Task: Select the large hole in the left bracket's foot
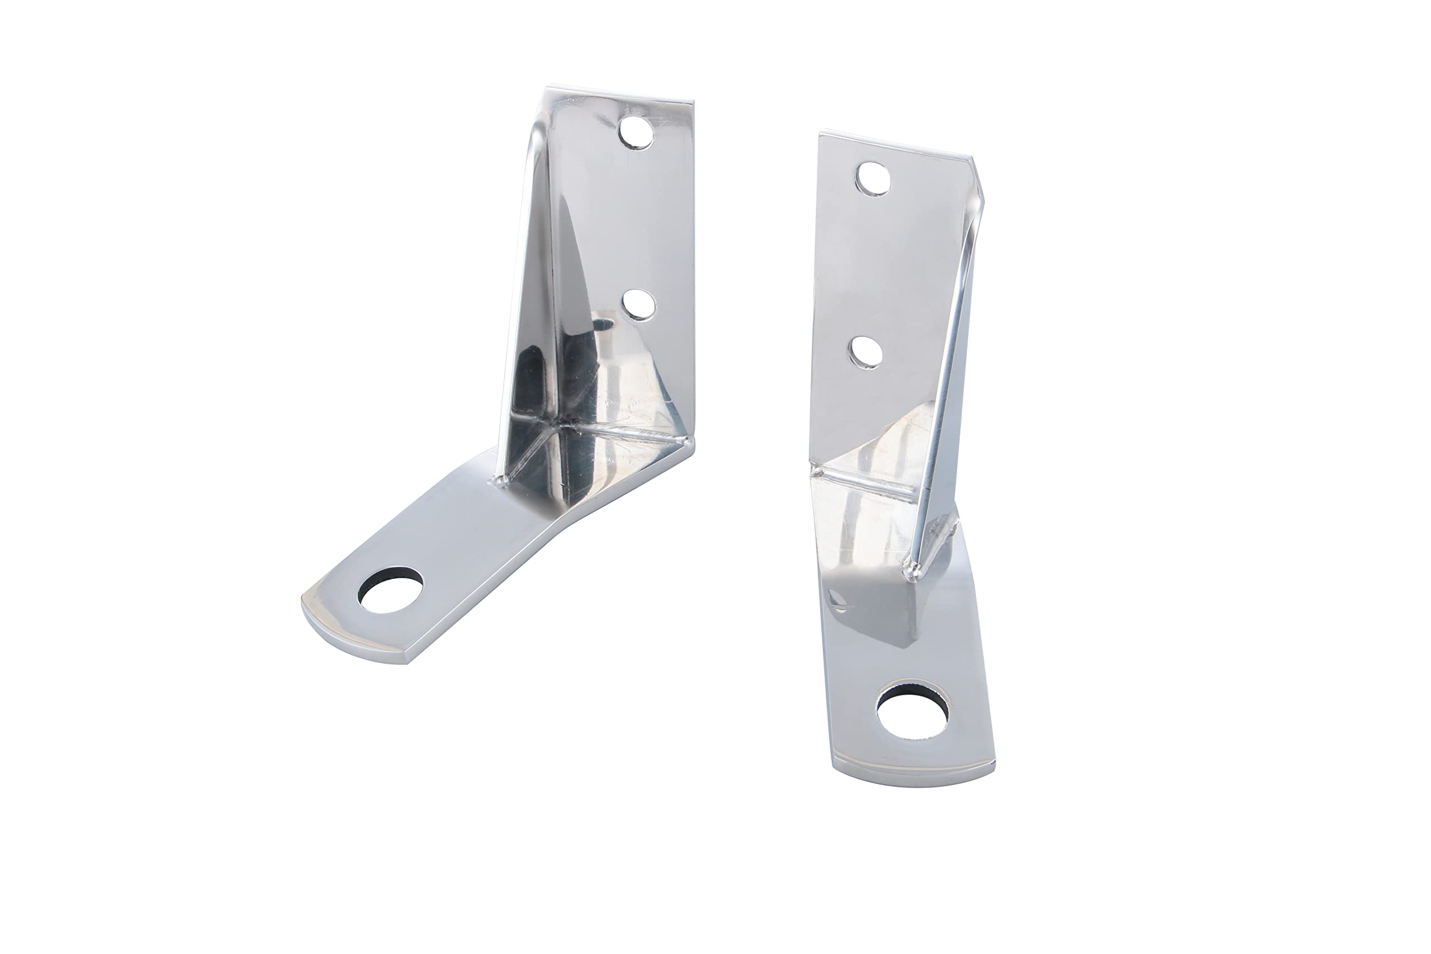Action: click(x=391, y=589)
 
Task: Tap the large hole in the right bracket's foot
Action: click(x=912, y=709)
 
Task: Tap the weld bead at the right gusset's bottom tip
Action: click(x=911, y=570)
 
